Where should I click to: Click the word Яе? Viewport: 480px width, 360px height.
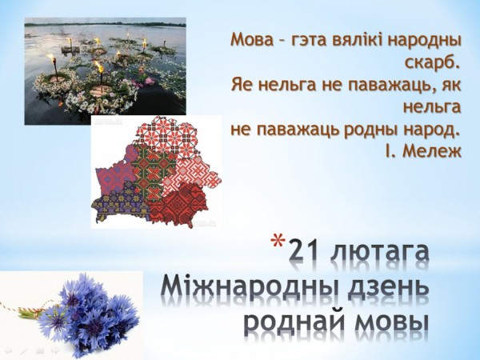(x=242, y=84)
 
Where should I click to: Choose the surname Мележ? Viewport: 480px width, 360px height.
(x=433, y=150)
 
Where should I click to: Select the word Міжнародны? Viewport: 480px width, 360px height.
(x=249, y=289)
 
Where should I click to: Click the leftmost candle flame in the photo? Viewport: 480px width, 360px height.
(x=51, y=58)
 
